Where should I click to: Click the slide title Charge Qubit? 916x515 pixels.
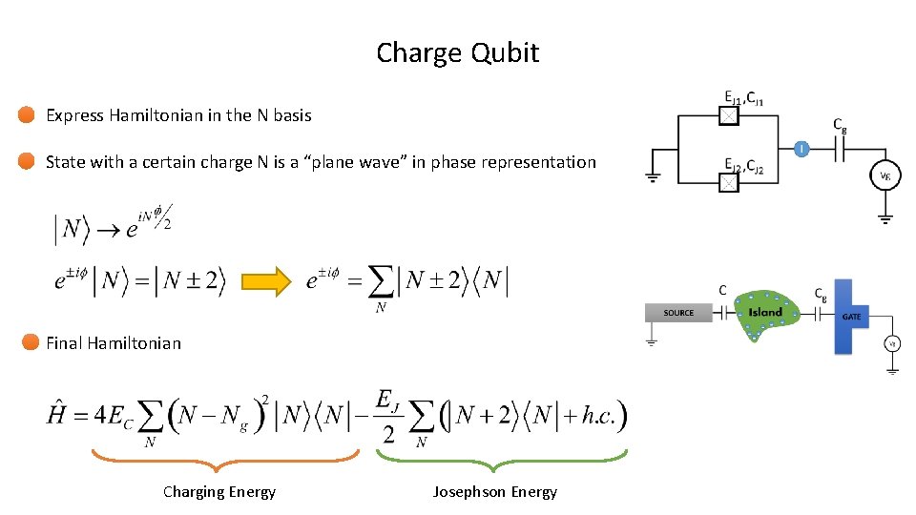tap(457, 52)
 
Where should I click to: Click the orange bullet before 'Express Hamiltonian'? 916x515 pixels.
tap(27, 115)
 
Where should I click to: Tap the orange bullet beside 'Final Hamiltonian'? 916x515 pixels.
tap(31, 342)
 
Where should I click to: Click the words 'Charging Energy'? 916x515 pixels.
tap(219, 492)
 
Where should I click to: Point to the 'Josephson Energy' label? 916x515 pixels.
tap(494, 492)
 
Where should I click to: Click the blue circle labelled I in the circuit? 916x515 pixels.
tap(801, 148)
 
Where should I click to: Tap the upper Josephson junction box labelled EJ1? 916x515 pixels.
tap(728, 116)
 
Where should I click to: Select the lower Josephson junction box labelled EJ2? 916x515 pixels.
tap(728, 181)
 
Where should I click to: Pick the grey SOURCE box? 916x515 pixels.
tap(678, 313)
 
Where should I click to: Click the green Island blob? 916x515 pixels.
tap(763, 313)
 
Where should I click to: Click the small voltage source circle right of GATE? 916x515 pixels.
tap(892, 344)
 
